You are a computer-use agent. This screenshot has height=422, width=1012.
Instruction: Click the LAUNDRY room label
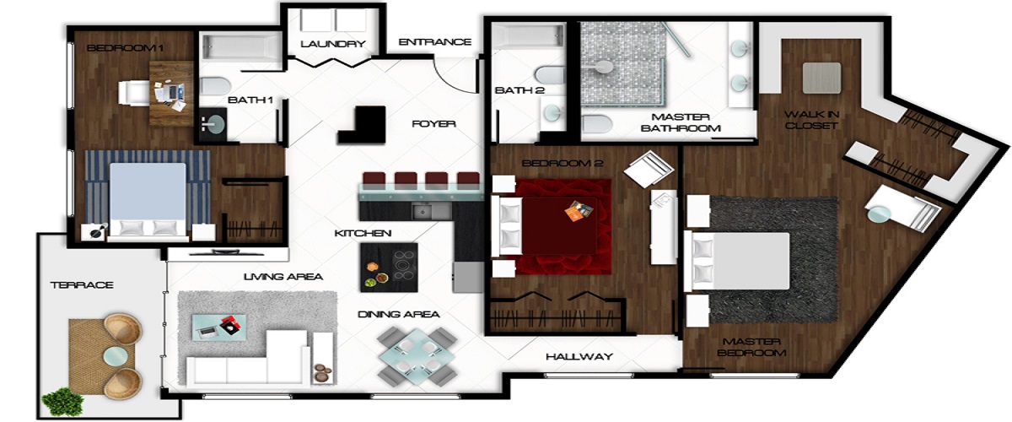click(x=333, y=44)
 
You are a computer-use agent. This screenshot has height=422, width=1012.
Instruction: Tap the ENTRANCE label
click(x=435, y=42)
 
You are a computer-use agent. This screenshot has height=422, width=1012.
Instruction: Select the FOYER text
click(x=433, y=124)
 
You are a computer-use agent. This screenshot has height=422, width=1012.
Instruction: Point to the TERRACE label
click(x=82, y=285)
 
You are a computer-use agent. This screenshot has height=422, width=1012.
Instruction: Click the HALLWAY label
click(x=579, y=357)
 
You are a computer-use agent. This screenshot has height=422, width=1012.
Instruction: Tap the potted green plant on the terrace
click(x=62, y=402)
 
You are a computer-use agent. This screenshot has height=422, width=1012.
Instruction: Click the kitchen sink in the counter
click(x=431, y=211)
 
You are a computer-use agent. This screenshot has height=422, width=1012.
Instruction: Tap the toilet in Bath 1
click(x=214, y=86)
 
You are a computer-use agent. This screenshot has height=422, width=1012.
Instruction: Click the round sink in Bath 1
click(x=213, y=123)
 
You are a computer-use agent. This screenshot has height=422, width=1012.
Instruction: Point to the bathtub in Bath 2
click(x=529, y=36)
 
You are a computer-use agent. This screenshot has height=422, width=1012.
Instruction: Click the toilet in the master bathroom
click(x=596, y=124)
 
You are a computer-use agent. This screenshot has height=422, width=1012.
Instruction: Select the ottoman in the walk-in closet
click(x=821, y=78)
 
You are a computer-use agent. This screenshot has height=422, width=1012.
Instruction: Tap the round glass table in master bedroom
click(x=878, y=214)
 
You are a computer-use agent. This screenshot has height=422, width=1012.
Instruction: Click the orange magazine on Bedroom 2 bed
click(x=579, y=211)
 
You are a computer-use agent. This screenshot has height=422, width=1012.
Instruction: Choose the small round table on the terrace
click(x=116, y=356)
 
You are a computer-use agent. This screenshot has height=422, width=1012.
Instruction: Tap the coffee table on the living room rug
click(x=219, y=327)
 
